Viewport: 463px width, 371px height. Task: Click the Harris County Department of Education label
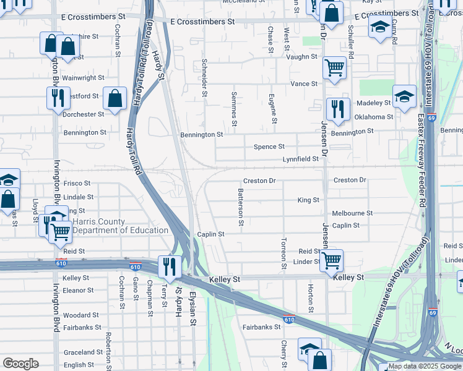point(120,226)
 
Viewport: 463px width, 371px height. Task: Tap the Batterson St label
point(241,207)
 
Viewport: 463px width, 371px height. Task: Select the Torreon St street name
point(283,254)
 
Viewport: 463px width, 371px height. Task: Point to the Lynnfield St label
point(300,159)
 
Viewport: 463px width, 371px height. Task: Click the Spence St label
point(269,147)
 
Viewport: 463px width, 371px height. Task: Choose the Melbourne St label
point(352,213)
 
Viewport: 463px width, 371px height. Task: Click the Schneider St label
point(204,78)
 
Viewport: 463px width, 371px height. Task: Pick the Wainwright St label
point(83,78)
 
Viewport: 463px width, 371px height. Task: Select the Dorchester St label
point(84,114)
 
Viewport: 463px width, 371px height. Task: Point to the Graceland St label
point(82,352)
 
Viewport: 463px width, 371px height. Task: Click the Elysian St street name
point(193,309)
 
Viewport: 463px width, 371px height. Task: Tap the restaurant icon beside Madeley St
point(337,108)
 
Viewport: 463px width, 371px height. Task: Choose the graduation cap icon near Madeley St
point(404,96)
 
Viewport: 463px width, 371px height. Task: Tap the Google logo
point(20,364)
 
